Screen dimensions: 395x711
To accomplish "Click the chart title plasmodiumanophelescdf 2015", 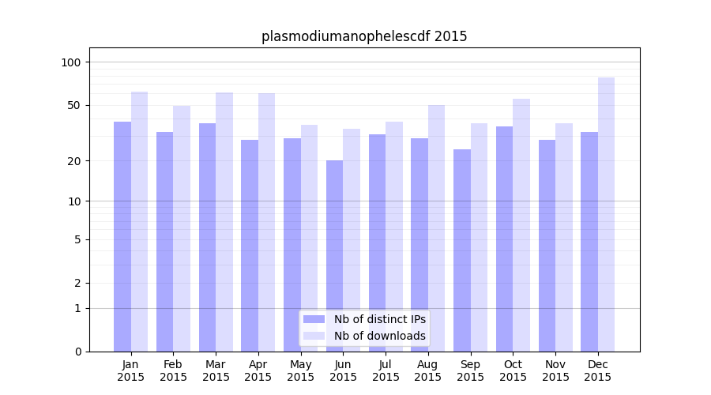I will pos(364,36).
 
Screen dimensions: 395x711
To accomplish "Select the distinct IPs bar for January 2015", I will pos(122,236).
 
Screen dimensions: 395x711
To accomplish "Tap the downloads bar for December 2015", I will pos(606,214).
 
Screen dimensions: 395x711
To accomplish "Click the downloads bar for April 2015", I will pos(267,222).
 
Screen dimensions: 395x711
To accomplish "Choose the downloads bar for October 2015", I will pos(521,224).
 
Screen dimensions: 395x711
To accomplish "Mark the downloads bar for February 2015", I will pos(182,228).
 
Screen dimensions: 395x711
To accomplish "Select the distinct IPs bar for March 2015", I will pos(207,237).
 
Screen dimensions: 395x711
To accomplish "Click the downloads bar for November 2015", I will pos(564,237).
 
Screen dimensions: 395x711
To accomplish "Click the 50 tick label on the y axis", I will pos(73,105).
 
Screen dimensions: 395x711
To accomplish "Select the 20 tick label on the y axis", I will pos(73,161).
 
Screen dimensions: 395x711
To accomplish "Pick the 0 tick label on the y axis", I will pos(77,352).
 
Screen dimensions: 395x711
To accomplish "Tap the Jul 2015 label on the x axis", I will pos(386,371).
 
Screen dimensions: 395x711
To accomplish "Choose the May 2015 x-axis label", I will pos(301,371).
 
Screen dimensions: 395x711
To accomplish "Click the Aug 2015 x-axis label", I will pos(428,371).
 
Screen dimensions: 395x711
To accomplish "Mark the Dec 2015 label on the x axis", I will pos(598,371).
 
